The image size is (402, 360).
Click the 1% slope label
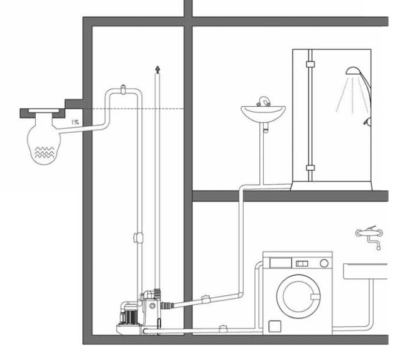click(x=75, y=122)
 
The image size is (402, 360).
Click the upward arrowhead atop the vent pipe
click(x=157, y=67)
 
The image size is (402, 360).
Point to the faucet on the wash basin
click(x=264, y=101)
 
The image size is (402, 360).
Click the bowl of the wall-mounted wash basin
click(x=263, y=114)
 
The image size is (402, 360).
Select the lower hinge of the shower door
click(x=308, y=168)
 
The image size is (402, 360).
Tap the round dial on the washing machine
click(x=324, y=262)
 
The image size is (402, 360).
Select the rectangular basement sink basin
click(x=373, y=271)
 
